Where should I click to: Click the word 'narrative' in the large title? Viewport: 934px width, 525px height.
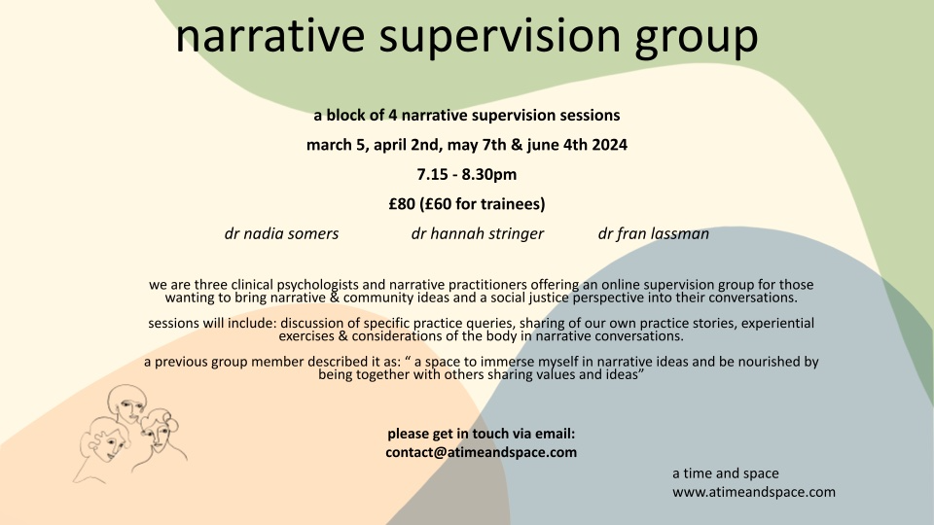[x=269, y=36]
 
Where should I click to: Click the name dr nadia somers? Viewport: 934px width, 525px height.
[x=281, y=233]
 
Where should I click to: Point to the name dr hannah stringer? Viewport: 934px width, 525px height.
[x=477, y=234]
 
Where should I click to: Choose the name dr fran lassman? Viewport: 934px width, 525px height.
[x=654, y=234]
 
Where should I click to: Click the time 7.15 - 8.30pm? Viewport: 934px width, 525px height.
[x=467, y=174]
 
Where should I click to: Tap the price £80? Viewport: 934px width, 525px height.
[x=402, y=204]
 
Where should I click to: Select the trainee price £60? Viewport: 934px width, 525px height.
[x=439, y=204]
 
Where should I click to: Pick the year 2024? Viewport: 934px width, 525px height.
[x=609, y=145]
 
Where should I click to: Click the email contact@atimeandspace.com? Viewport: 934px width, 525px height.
[x=482, y=452]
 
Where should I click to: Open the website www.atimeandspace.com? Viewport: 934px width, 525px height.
[x=754, y=492]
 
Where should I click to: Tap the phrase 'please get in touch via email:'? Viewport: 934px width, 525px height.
[x=482, y=434]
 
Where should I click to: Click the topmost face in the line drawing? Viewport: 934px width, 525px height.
[x=127, y=404]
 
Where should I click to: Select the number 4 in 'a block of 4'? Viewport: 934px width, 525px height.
[x=393, y=115]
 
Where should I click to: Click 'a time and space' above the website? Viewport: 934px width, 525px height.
[x=726, y=473]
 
